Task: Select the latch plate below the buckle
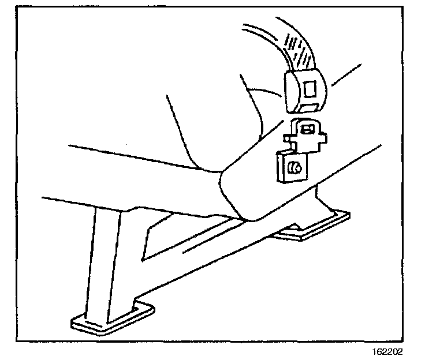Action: point(305,133)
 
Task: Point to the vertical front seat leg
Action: point(107,260)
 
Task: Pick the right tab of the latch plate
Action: point(325,137)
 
